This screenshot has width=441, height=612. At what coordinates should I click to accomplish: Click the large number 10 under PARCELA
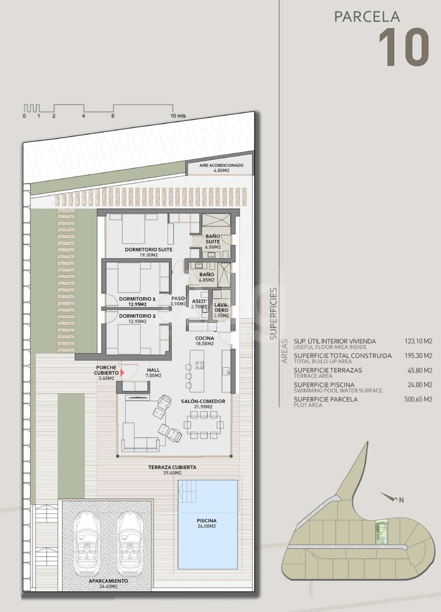click(x=404, y=47)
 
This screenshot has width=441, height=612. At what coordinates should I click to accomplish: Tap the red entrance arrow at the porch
click(x=122, y=372)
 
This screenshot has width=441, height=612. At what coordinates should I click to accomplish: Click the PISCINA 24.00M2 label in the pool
click(x=206, y=523)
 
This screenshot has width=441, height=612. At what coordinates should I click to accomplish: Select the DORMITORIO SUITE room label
click(x=149, y=249)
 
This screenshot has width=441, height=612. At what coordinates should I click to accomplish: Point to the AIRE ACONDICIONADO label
click(x=222, y=165)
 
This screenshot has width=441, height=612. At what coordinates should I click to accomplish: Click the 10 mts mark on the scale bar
click(x=178, y=116)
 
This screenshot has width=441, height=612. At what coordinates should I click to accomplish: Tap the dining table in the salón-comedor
click(x=204, y=425)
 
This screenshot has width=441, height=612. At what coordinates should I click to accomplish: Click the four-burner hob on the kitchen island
click(x=199, y=365)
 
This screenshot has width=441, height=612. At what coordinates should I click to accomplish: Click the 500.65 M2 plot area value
click(x=418, y=399)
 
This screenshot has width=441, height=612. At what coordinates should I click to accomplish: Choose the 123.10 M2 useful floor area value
click(x=418, y=341)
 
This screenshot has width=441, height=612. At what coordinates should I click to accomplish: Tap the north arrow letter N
click(x=401, y=500)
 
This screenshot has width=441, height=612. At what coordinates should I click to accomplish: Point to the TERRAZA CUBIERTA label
click(x=172, y=467)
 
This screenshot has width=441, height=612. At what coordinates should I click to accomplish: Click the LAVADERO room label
click(x=221, y=307)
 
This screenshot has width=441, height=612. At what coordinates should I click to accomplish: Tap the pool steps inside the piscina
click(x=187, y=491)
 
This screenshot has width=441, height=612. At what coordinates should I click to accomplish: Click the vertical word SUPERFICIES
click(x=273, y=313)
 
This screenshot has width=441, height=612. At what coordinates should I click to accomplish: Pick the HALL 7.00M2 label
click(x=154, y=373)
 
